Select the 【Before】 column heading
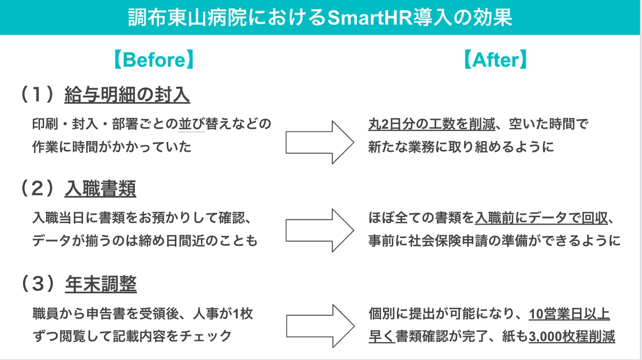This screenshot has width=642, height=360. [154, 61]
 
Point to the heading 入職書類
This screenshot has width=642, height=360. [100, 189]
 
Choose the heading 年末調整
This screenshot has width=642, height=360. [101, 284]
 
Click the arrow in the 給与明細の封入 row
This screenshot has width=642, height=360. [319, 142]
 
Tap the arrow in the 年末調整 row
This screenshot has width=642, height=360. [319, 325]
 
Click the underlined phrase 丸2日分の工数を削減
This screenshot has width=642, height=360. [431, 124]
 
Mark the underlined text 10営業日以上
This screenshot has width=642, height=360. [569, 314]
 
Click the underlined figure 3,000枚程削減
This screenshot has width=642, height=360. [572, 336]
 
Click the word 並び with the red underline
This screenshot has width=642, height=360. [191, 124]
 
